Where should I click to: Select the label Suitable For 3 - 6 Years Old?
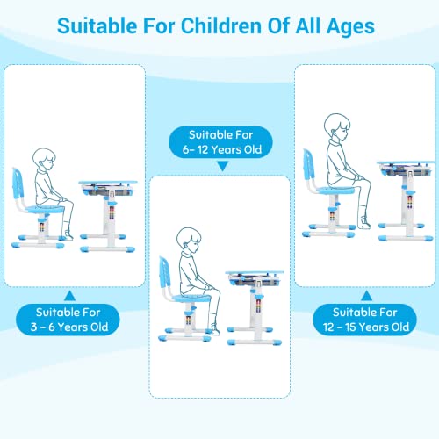coord(74,319)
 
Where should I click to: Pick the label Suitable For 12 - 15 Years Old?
coord(365,319)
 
